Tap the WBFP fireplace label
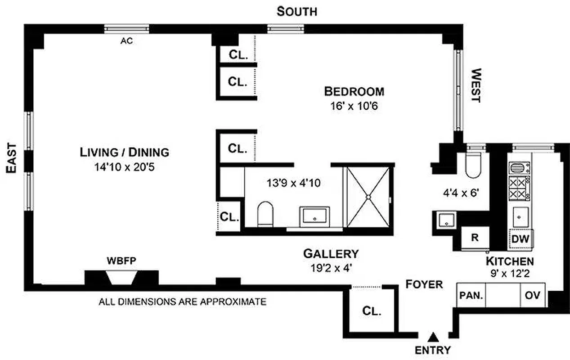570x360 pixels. click(121, 261)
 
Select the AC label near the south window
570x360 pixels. click(126, 41)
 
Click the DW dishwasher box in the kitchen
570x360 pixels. click(521, 239)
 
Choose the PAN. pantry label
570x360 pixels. click(471, 296)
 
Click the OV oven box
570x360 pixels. click(533, 296)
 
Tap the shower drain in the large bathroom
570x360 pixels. click(368, 197)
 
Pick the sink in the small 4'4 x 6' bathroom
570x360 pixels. click(445, 220)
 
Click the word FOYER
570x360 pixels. click(424, 284)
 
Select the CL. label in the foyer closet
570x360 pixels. click(371, 311)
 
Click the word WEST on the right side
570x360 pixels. click(475, 85)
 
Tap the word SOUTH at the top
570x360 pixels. click(296, 11)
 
